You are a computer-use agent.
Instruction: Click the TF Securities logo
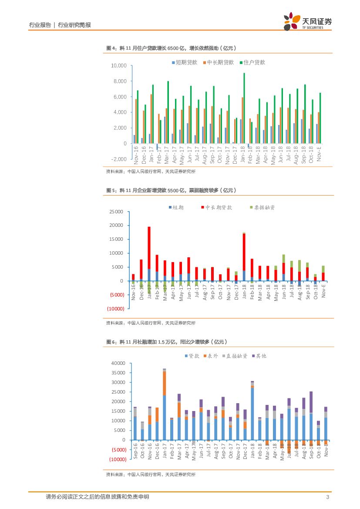click(307, 21)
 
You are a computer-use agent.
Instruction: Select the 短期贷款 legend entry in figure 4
click(184, 62)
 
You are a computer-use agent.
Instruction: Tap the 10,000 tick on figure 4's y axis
click(118, 66)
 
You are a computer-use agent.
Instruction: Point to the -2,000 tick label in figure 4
click(118, 159)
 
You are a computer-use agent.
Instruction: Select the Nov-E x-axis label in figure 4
click(319, 154)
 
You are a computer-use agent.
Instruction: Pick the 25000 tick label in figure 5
click(117, 212)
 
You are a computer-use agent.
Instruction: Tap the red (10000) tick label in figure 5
click(116, 309)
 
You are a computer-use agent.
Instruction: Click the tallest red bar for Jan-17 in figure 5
click(149, 248)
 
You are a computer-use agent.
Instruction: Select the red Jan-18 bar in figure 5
click(244, 252)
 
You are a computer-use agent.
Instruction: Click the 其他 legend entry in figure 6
click(259, 356)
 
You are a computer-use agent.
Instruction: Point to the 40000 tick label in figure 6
click(118, 363)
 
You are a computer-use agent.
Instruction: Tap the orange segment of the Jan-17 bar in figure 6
click(164, 383)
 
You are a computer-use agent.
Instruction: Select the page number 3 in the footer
click(327, 497)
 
